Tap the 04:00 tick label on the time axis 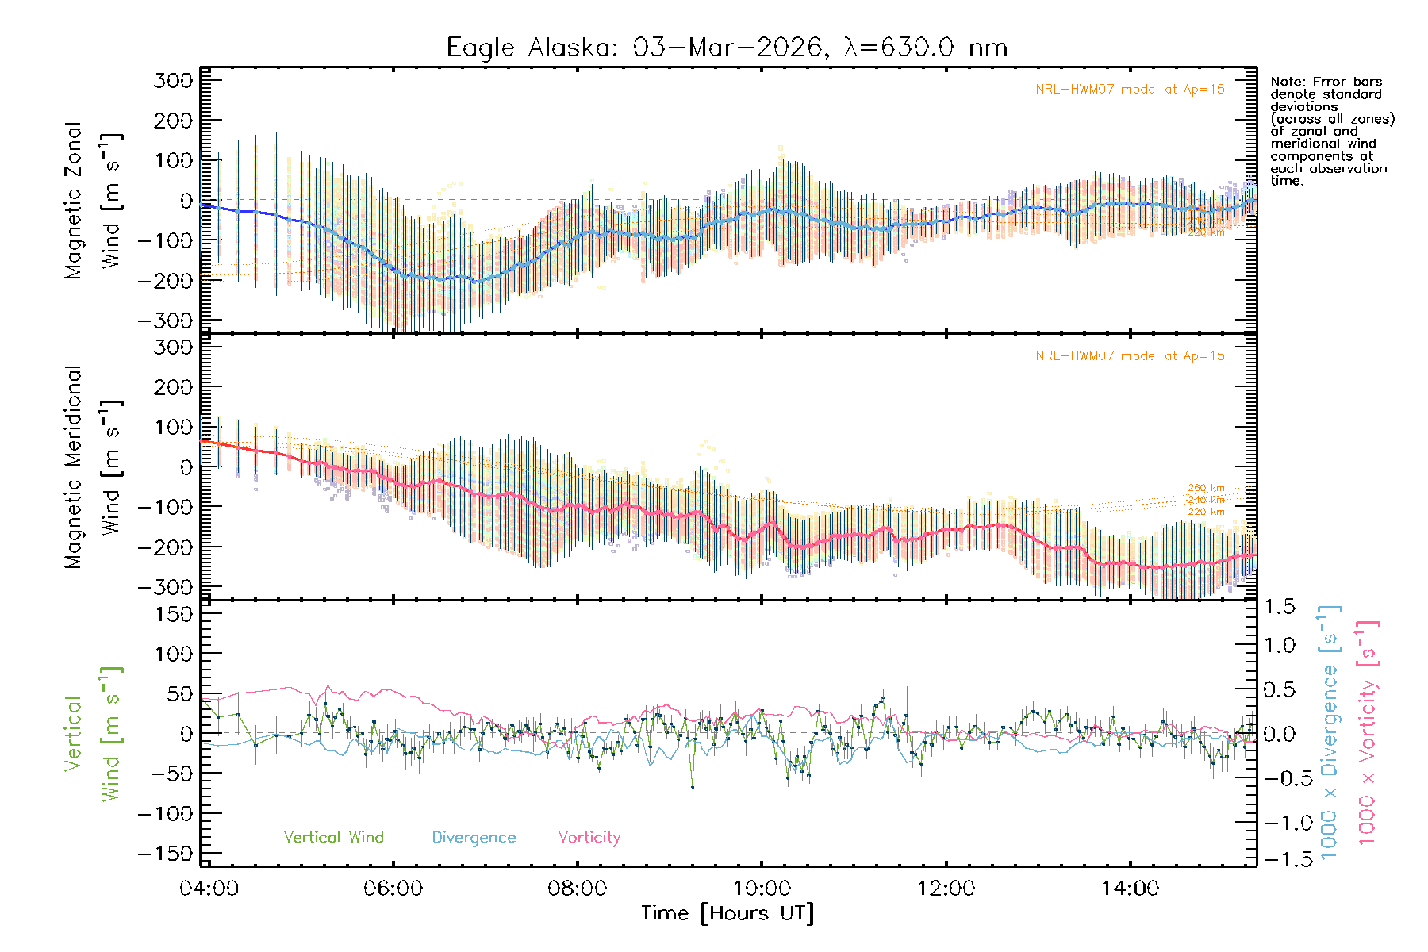pos(209,889)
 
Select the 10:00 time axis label pos(762,889)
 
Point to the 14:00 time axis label pos(1130,889)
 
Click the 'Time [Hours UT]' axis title pos(727,913)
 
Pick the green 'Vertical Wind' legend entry pos(333,838)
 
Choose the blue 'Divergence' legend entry pos(474,838)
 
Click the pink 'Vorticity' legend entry pos(589,838)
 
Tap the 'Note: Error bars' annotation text pos(1326,82)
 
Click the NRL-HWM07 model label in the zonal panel pos(1130,90)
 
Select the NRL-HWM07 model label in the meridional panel pos(1130,356)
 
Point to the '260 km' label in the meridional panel pos(1206,488)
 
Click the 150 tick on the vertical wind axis pos(174,614)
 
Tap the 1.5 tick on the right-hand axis pos(1279,607)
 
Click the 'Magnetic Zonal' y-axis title pos(73,201)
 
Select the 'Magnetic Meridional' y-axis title pos(73,467)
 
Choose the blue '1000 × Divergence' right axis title pos(1330,731)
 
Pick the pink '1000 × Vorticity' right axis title pos(1368,731)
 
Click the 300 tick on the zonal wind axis pos(174,81)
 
